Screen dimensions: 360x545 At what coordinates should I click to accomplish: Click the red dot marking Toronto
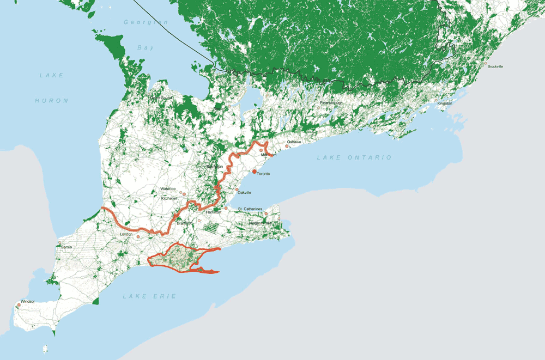[x=255, y=172]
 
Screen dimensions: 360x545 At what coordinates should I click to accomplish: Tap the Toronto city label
[x=264, y=174]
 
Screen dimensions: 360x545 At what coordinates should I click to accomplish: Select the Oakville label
[x=244, y=192]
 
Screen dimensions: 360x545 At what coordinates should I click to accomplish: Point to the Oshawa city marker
[x=287, y=147]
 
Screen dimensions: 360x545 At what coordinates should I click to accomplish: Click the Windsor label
[x=28, y=301]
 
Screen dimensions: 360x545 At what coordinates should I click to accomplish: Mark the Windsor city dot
[x=19, y=306]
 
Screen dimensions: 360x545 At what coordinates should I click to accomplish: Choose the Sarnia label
[x=66, y=247]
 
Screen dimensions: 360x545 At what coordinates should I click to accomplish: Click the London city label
[x=126, y=234]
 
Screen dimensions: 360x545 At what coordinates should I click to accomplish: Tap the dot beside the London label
[x=138, y=237]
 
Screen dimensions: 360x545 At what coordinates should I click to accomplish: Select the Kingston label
[x=445, y=103]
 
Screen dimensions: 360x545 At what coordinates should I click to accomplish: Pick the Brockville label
[x=495, y=66]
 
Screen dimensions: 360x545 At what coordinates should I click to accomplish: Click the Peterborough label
[x=334, y=102]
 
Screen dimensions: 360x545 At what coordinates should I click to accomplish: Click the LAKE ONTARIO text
[x=354, y=157]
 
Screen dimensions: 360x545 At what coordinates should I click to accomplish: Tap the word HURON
[x=52, y=101]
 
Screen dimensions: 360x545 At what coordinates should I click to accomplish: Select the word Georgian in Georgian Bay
[x=146, y=22]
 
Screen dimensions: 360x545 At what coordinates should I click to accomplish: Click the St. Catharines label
[x=250, y=209]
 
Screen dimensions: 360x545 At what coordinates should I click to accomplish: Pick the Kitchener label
[x=169, y=198]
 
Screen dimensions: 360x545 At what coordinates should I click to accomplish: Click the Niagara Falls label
[x=260, y=223]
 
